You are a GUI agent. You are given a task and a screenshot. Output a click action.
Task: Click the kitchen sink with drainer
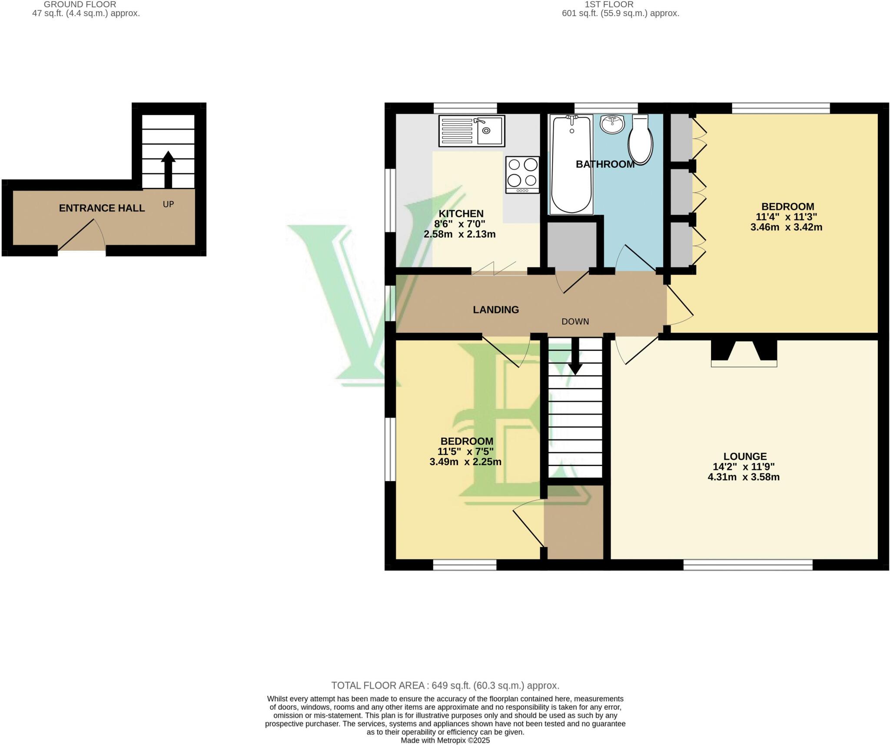point(472,130)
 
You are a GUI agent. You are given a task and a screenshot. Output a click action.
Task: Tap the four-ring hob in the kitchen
point(522,175)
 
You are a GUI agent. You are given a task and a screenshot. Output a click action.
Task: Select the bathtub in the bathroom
point(571,164)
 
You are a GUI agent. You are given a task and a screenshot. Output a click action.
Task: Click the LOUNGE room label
point(745,456)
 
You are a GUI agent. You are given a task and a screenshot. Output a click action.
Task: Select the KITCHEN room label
point(461,213)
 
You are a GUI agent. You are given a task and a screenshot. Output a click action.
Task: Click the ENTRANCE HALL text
point(102,208)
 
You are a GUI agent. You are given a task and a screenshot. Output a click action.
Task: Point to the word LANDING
point(496,309)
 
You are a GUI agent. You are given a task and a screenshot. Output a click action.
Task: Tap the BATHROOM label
point(605,164)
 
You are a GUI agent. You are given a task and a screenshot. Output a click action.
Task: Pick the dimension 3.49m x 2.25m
point(465,462)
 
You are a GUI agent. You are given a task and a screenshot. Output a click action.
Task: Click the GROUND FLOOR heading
point(80,4)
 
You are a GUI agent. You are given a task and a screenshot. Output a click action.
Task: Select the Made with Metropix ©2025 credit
point(445,740)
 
